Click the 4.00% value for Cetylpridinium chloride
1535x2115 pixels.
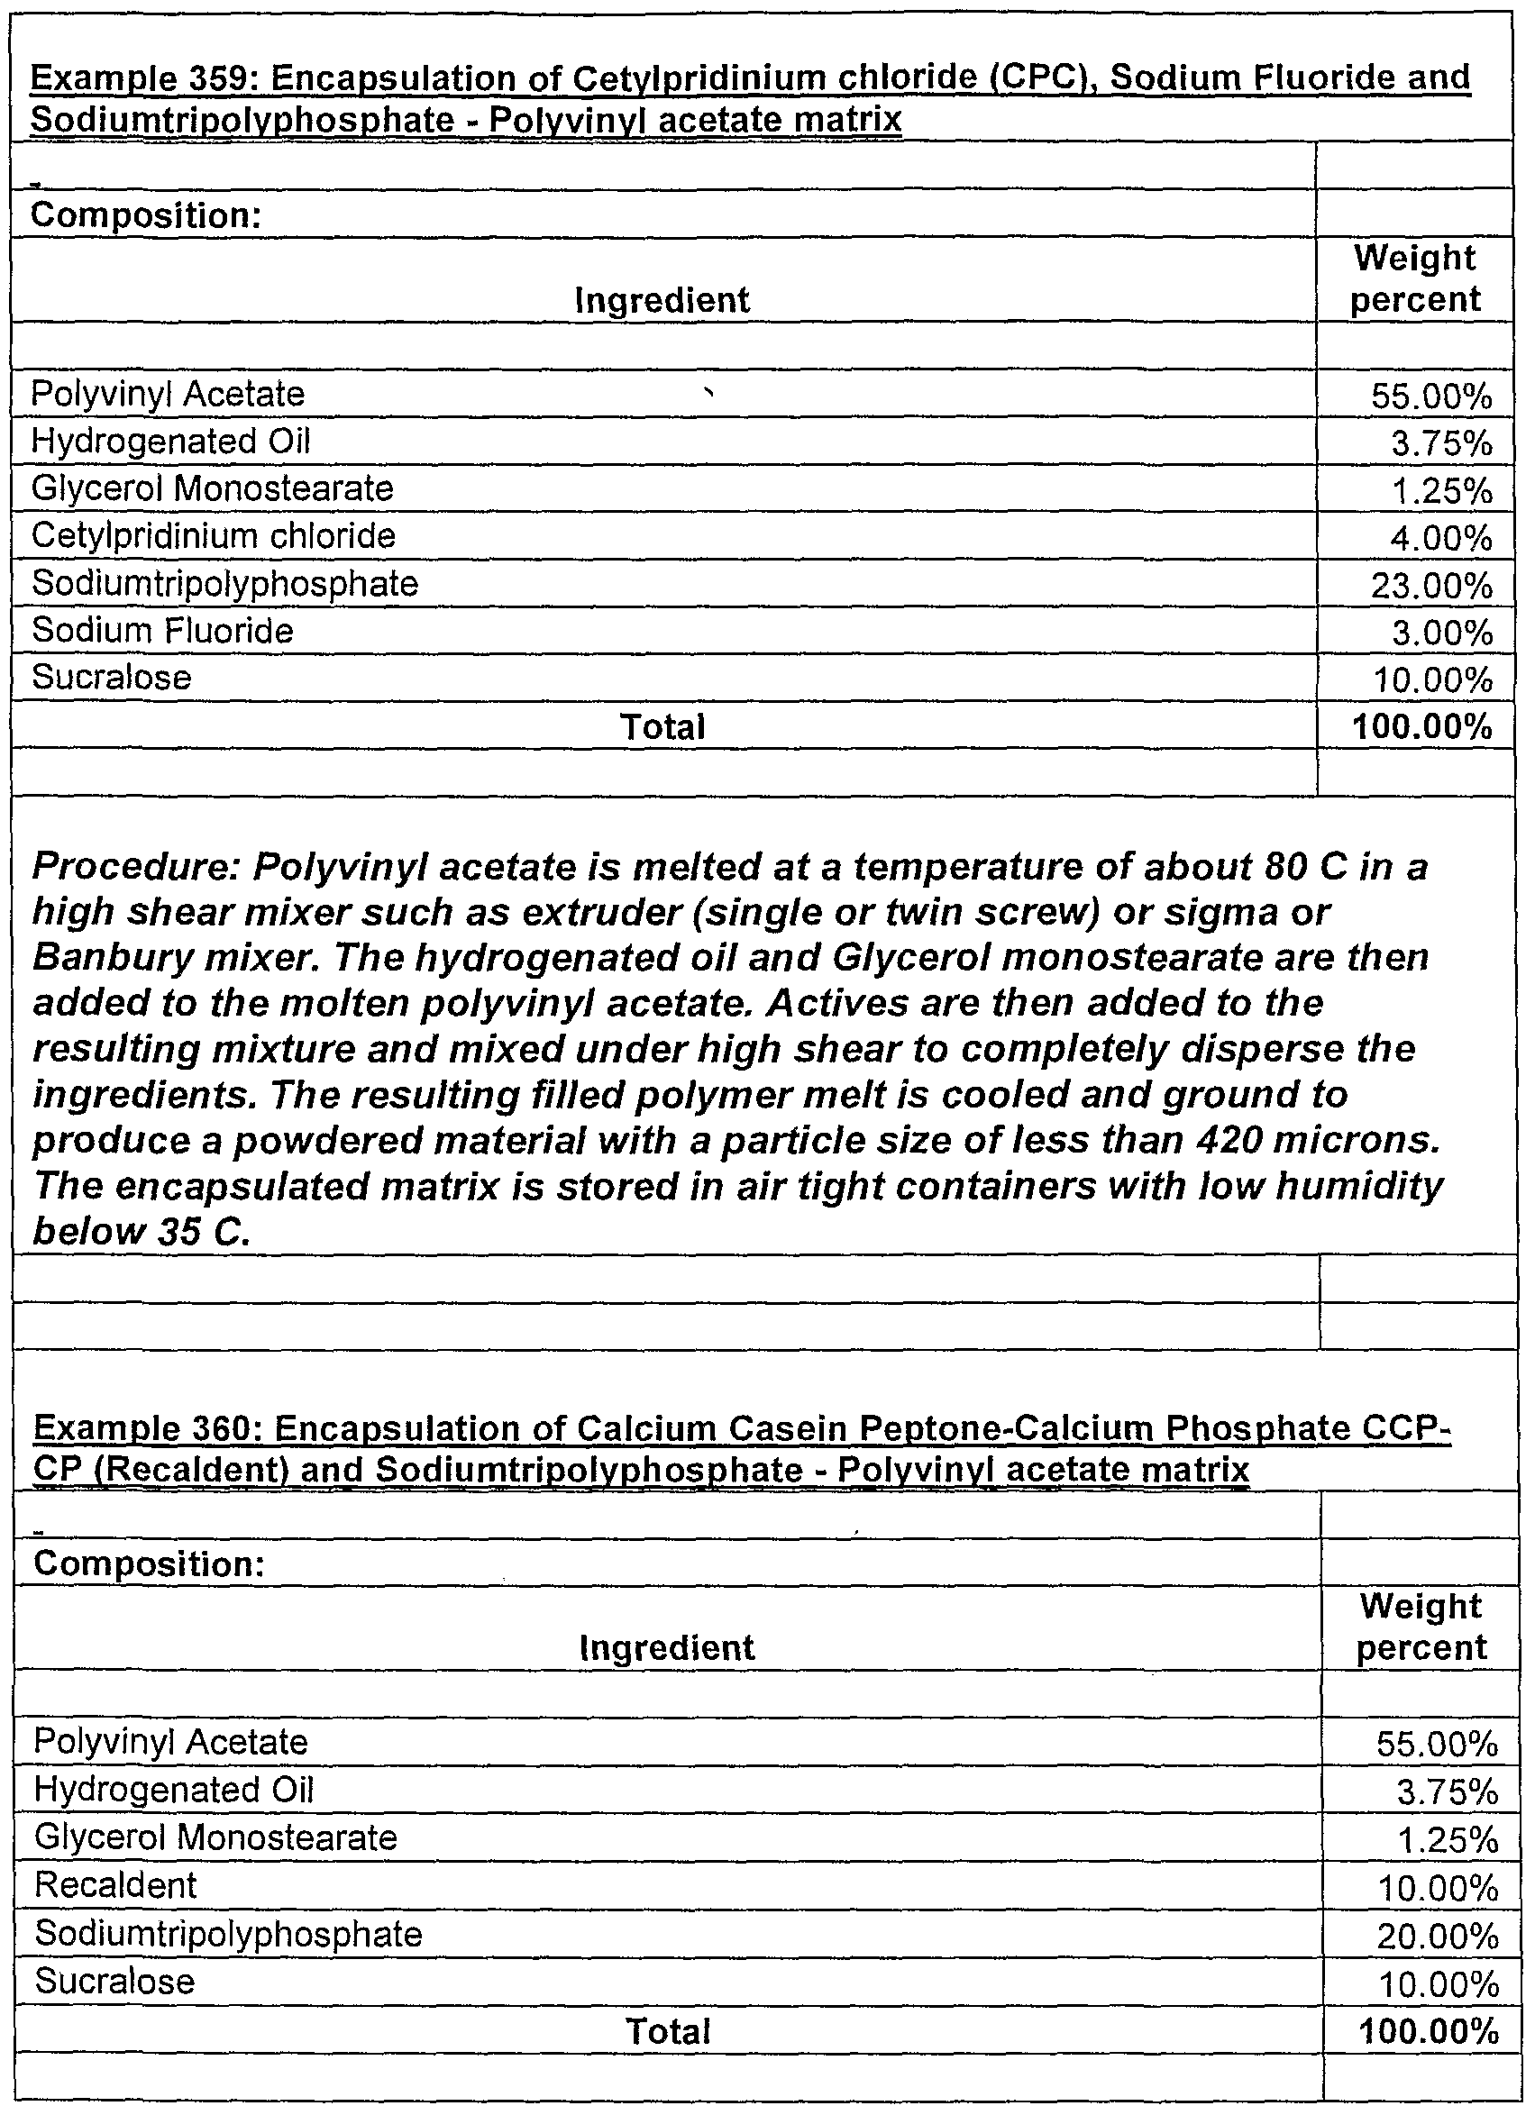tap(1442, 539)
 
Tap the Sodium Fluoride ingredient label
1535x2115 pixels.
tap(162, 632)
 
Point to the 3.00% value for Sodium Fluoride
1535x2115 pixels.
tap(1442, 634)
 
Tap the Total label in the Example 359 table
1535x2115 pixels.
tap(663, 727)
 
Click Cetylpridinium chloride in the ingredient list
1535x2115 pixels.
tap(214, 536)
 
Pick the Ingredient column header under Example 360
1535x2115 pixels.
tap(667, 1648)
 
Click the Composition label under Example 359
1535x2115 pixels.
tap(145, 216)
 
